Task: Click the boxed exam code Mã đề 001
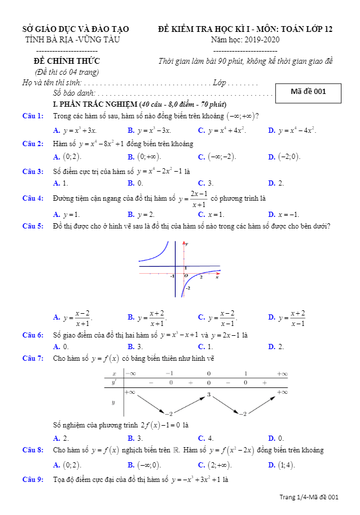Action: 308,92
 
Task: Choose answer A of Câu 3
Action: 61,183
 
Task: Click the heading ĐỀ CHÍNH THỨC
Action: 67,61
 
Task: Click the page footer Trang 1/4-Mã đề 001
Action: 308,497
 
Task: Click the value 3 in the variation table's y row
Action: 209,394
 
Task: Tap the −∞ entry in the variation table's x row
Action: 130,373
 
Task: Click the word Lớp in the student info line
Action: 219,83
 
